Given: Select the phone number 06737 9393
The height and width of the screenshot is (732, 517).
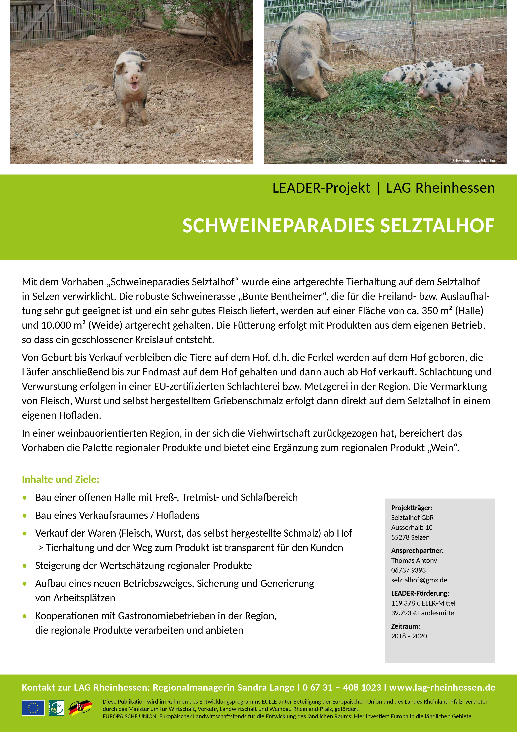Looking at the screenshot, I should pyautogui.click(x=408, y=570).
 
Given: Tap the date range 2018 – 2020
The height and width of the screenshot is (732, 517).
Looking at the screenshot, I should pyautogui.click(x=409, y=636).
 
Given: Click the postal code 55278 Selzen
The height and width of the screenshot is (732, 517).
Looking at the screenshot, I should pyautogui.click(x=410, y=537).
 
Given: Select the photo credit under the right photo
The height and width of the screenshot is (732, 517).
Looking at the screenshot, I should pyautogui.click(x=474, y=161).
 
